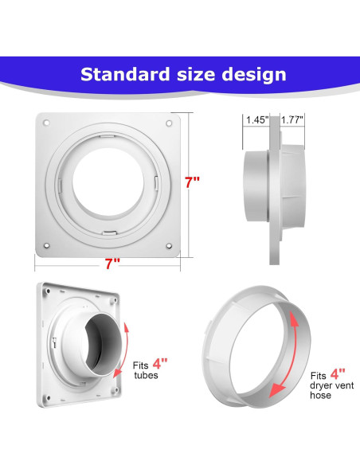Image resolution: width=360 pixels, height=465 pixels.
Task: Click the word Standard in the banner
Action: pos(124,74)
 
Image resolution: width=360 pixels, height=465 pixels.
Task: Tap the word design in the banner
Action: pos(254,75)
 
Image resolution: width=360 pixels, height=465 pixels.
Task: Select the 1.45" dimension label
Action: pos(257,120)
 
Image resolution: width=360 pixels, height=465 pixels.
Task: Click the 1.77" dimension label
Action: pos(292,120)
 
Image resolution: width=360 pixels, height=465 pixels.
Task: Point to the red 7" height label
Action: pos(192,182)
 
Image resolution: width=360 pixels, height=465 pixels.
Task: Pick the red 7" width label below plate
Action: pos(112,264)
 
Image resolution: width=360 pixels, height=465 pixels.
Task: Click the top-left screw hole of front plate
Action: pos(46,123)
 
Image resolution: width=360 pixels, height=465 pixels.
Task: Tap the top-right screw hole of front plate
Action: pos(169,123)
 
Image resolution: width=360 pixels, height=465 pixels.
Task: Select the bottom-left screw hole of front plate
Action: pos(46,245)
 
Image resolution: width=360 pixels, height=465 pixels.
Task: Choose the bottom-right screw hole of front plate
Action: pos(169,246)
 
